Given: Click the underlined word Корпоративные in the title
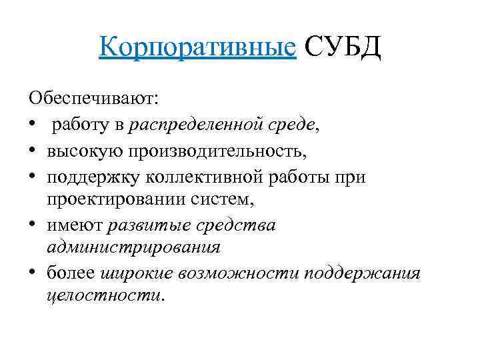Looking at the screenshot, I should [197, 47].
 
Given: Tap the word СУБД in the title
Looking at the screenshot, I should [342, 47].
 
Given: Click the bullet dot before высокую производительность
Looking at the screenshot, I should [33, 149].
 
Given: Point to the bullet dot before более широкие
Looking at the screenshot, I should [33, 273].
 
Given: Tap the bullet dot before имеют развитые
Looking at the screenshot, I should [33, 224].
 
